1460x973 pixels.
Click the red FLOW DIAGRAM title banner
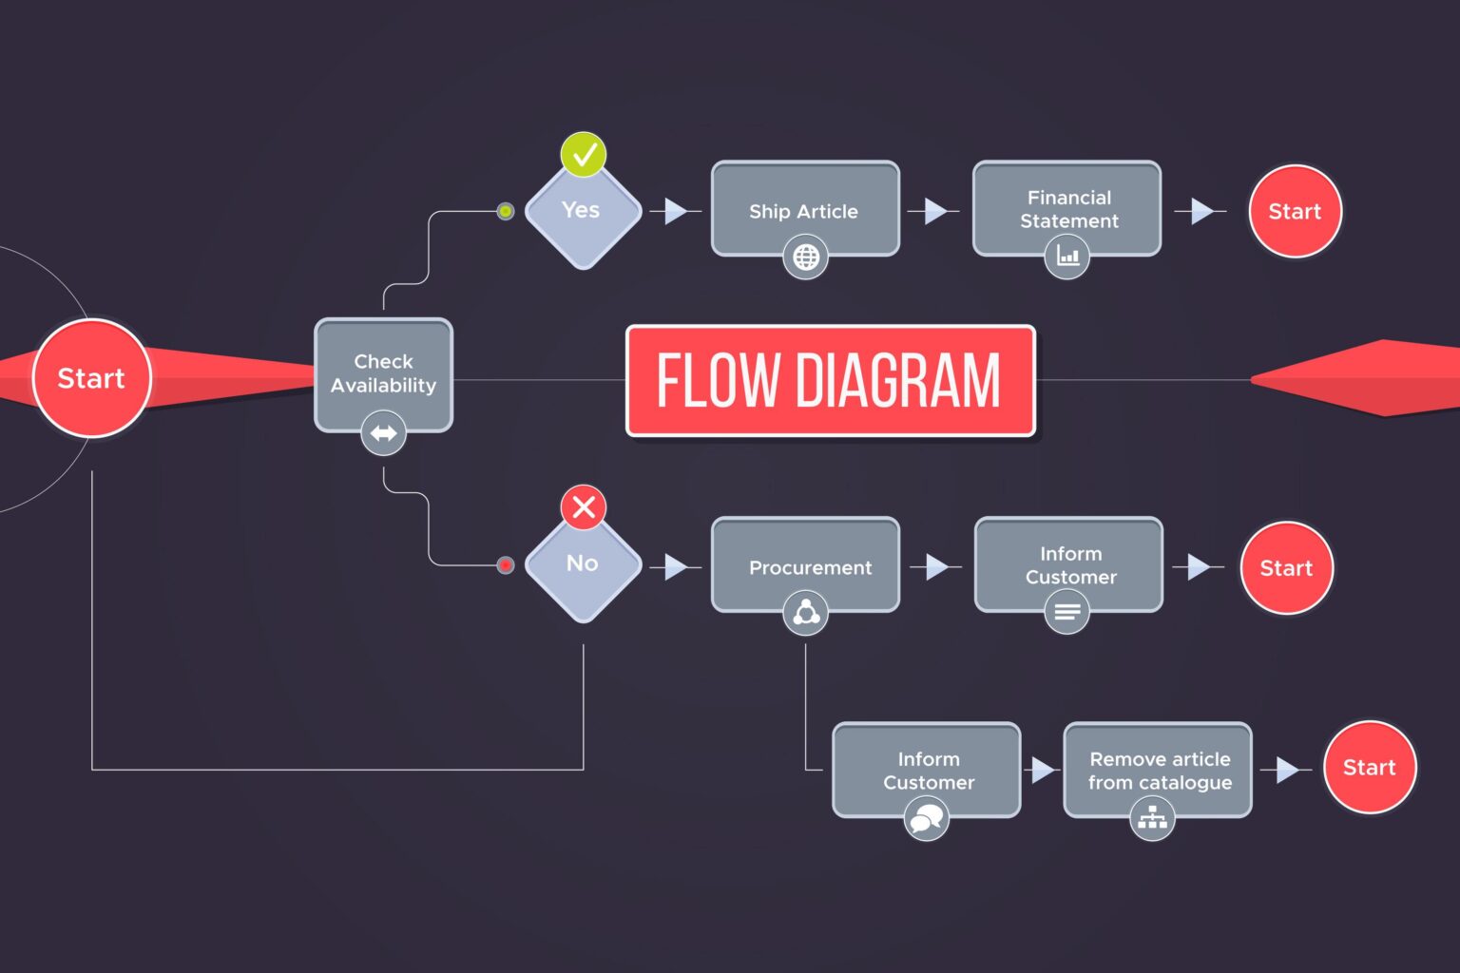(x=830, y=380)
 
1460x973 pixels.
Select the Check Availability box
(x=383, y=372)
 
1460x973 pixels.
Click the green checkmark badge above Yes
(x=584, y=154)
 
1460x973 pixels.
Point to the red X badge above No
(x=584, y=507)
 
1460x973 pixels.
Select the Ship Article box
(x=804, y=209)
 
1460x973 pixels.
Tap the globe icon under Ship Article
(x=805, y=258)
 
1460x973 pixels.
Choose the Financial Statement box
(x=1066, y=208)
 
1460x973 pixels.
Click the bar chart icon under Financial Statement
(x=1067, y=257)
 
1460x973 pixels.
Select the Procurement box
(x=805, y=564)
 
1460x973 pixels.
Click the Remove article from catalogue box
(x=1158, y=769)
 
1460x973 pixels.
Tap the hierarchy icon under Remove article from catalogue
(x=1152, y=817)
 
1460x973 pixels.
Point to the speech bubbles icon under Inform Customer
(x=926, y=818)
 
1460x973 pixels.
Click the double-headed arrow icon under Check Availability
(x=383, y=433)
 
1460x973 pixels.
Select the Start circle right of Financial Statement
(x=1295, y=211)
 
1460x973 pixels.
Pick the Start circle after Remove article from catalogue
(x=1369, y=768)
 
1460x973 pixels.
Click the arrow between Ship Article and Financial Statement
(x=934, y=211)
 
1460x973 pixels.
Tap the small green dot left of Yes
(x=506, y=211)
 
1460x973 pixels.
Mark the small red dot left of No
(x=506, y=565)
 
